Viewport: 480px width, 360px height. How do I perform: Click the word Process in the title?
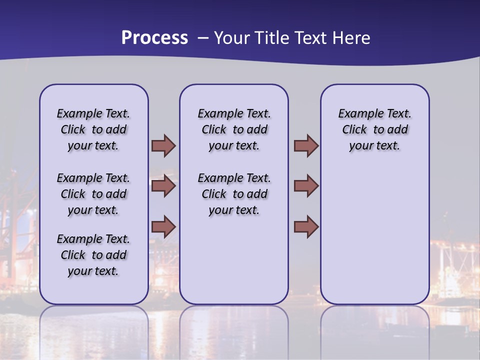coord(154,38)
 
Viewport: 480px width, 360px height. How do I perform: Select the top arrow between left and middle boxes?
coord(163,146)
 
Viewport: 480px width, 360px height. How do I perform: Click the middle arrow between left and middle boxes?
coord(163,186)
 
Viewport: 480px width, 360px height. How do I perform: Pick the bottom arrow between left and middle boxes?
coord(163,227)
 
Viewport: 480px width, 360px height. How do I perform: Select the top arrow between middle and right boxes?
coord(306,146)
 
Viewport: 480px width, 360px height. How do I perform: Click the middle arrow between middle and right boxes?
coord(306,186)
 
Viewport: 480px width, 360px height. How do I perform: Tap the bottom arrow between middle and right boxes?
coord(306,227)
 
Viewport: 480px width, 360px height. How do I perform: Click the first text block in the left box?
coord(93,129)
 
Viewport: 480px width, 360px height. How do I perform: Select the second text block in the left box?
coord(93,194)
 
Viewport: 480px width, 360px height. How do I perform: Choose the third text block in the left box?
coord(93,255)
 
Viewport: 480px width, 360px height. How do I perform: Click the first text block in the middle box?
coord(234,129)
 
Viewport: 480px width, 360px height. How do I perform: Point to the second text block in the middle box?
coord(234,194)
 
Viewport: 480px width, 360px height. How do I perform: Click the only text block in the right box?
coord(375,129)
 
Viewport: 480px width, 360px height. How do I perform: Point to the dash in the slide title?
coord(203,38)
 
